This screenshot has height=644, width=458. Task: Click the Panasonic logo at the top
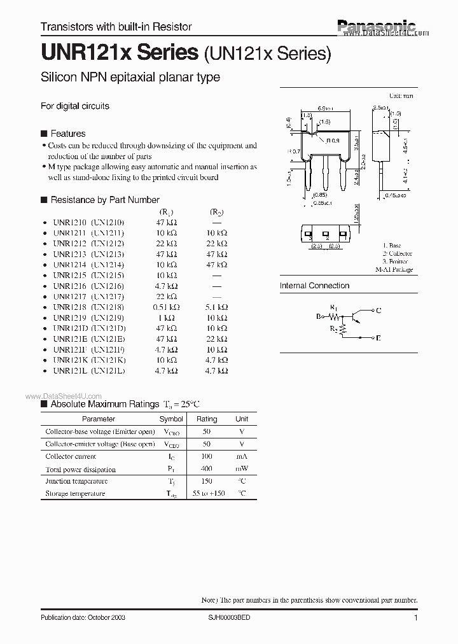pos(375,25)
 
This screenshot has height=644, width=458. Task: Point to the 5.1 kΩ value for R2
pos(217,307)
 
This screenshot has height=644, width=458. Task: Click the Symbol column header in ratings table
pos(171,419)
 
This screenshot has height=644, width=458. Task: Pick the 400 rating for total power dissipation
pos(207,469)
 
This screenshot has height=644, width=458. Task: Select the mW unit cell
pos(242,469)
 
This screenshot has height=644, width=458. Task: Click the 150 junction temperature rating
pos(207,481)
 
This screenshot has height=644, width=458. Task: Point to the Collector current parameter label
pos(71,457)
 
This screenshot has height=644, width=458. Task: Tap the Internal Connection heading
pos(315,286)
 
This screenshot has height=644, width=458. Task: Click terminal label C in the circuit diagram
pos(379,311)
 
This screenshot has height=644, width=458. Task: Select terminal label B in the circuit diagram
pos(319,315)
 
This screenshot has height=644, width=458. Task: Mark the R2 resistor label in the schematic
pos(333,328)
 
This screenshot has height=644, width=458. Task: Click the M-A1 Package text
pos(394,270)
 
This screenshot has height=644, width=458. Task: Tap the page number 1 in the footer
pos(415,618)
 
